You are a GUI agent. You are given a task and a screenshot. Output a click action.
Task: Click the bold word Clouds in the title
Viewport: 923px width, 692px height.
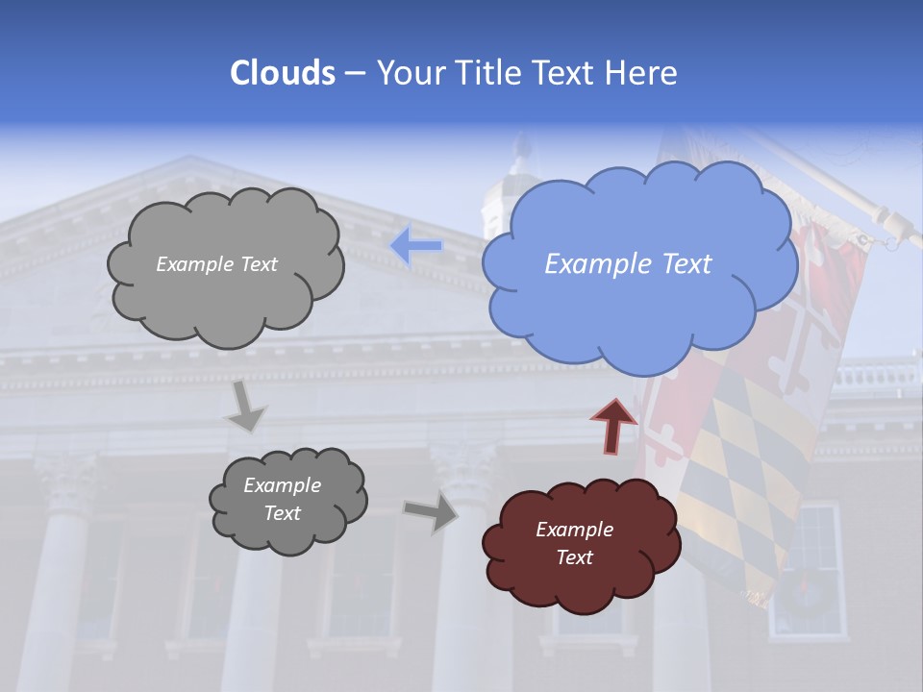coord(282,73)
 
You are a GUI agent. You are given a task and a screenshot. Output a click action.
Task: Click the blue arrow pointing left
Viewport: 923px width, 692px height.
coord(416,246)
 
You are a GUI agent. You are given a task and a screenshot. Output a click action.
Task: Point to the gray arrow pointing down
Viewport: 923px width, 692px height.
coord(245,408)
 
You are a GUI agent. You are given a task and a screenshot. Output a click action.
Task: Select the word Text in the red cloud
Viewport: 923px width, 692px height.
coord(575,557)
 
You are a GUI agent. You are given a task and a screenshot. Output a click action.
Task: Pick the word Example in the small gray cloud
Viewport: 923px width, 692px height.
coord(282,485)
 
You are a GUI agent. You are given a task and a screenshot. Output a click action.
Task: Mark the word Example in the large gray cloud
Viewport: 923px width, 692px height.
coord(194,264)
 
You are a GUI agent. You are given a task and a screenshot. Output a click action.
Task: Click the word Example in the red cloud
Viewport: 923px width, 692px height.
coord(574,530)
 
